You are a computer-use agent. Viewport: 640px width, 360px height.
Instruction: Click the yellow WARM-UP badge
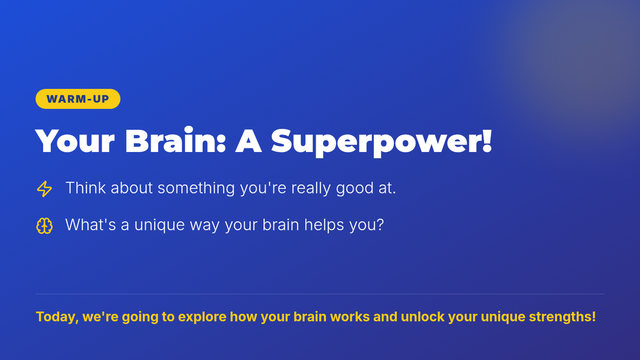[78, 99]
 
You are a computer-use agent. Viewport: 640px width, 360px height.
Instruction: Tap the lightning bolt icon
[44, 189]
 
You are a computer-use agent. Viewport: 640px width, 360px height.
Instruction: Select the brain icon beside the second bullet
[44, 226]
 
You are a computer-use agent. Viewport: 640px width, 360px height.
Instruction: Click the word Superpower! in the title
[382, 142]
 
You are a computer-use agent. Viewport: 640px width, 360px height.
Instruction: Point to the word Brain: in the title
[175, 140]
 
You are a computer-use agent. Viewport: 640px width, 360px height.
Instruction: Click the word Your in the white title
[75, 141]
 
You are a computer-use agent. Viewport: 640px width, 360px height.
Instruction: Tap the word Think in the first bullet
[85, 188]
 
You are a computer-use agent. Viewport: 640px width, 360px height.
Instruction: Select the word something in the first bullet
[196, 188]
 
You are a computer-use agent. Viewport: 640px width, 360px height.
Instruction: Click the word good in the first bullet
[355, 188]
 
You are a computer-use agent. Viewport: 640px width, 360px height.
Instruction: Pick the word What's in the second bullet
[91, 225]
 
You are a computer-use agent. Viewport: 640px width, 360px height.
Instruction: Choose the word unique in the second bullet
[159, 225]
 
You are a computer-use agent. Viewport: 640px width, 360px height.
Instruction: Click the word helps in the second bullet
[324, 225]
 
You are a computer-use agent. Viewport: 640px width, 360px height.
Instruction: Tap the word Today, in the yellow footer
[57, 317]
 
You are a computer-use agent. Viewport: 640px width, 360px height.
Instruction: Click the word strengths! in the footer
[562, 317]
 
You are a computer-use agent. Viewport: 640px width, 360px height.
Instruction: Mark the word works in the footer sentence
[350, 317]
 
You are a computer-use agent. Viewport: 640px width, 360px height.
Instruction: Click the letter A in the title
[249, 141]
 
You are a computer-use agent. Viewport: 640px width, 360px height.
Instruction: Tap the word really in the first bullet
[311, 189]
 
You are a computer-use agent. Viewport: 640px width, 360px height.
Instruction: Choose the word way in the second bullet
[205, 226]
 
